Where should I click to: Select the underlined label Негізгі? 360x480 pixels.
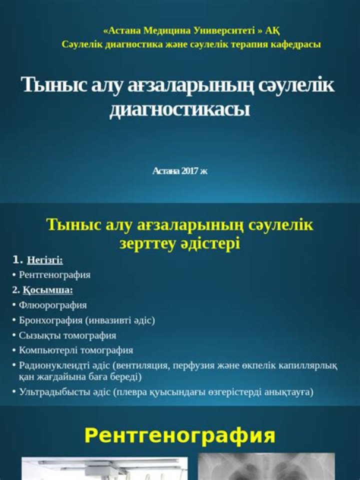click(x=44, y=260)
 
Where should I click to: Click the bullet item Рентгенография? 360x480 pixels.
click(x=54, y=275)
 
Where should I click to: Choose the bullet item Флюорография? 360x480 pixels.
click(x=52, y=305)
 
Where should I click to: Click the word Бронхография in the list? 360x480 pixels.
click(x=50, y=320)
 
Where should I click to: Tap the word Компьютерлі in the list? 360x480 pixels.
click(x=47, y=350)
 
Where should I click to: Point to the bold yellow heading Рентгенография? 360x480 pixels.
click(x=179, y=435)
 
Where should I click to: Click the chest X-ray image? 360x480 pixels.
click(x=266, y=467)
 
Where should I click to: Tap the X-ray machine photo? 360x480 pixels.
click(x=104, y=469)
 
